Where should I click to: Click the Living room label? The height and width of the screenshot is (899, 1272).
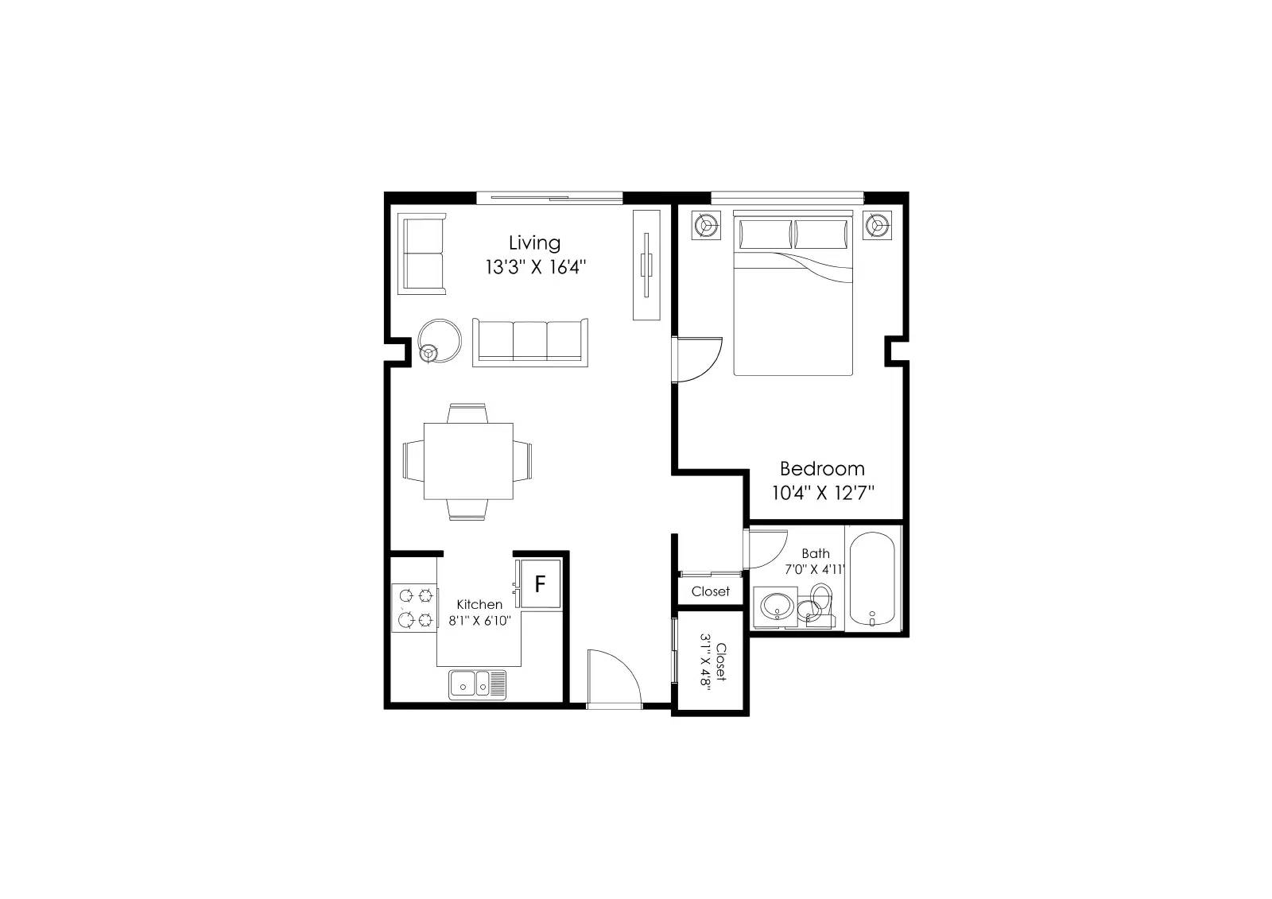[x=534, y=244]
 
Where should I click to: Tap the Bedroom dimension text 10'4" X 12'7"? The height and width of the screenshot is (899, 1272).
[x=822, y=492]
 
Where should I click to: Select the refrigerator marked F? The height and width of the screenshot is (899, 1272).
[x=540, y=583]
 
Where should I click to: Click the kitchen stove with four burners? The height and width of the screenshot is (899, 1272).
[x=415, y=607]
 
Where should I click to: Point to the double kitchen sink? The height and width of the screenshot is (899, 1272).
[x=478, y=684]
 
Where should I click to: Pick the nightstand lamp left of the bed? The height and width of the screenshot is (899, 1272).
[x=706, y=226]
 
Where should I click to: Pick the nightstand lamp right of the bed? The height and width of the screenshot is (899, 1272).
[x=878, y=226]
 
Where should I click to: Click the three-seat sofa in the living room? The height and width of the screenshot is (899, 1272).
[x=529, y=343]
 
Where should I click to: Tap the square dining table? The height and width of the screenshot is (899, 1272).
[x=468, y=461]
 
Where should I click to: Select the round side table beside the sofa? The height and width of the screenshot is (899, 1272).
[x=439, y=340]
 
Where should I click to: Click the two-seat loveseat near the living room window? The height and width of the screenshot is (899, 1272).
[x=421, y=254]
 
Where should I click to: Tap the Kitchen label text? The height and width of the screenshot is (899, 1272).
[x=479, y=604]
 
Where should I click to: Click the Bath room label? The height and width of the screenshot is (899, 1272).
[x=816, y=553]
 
